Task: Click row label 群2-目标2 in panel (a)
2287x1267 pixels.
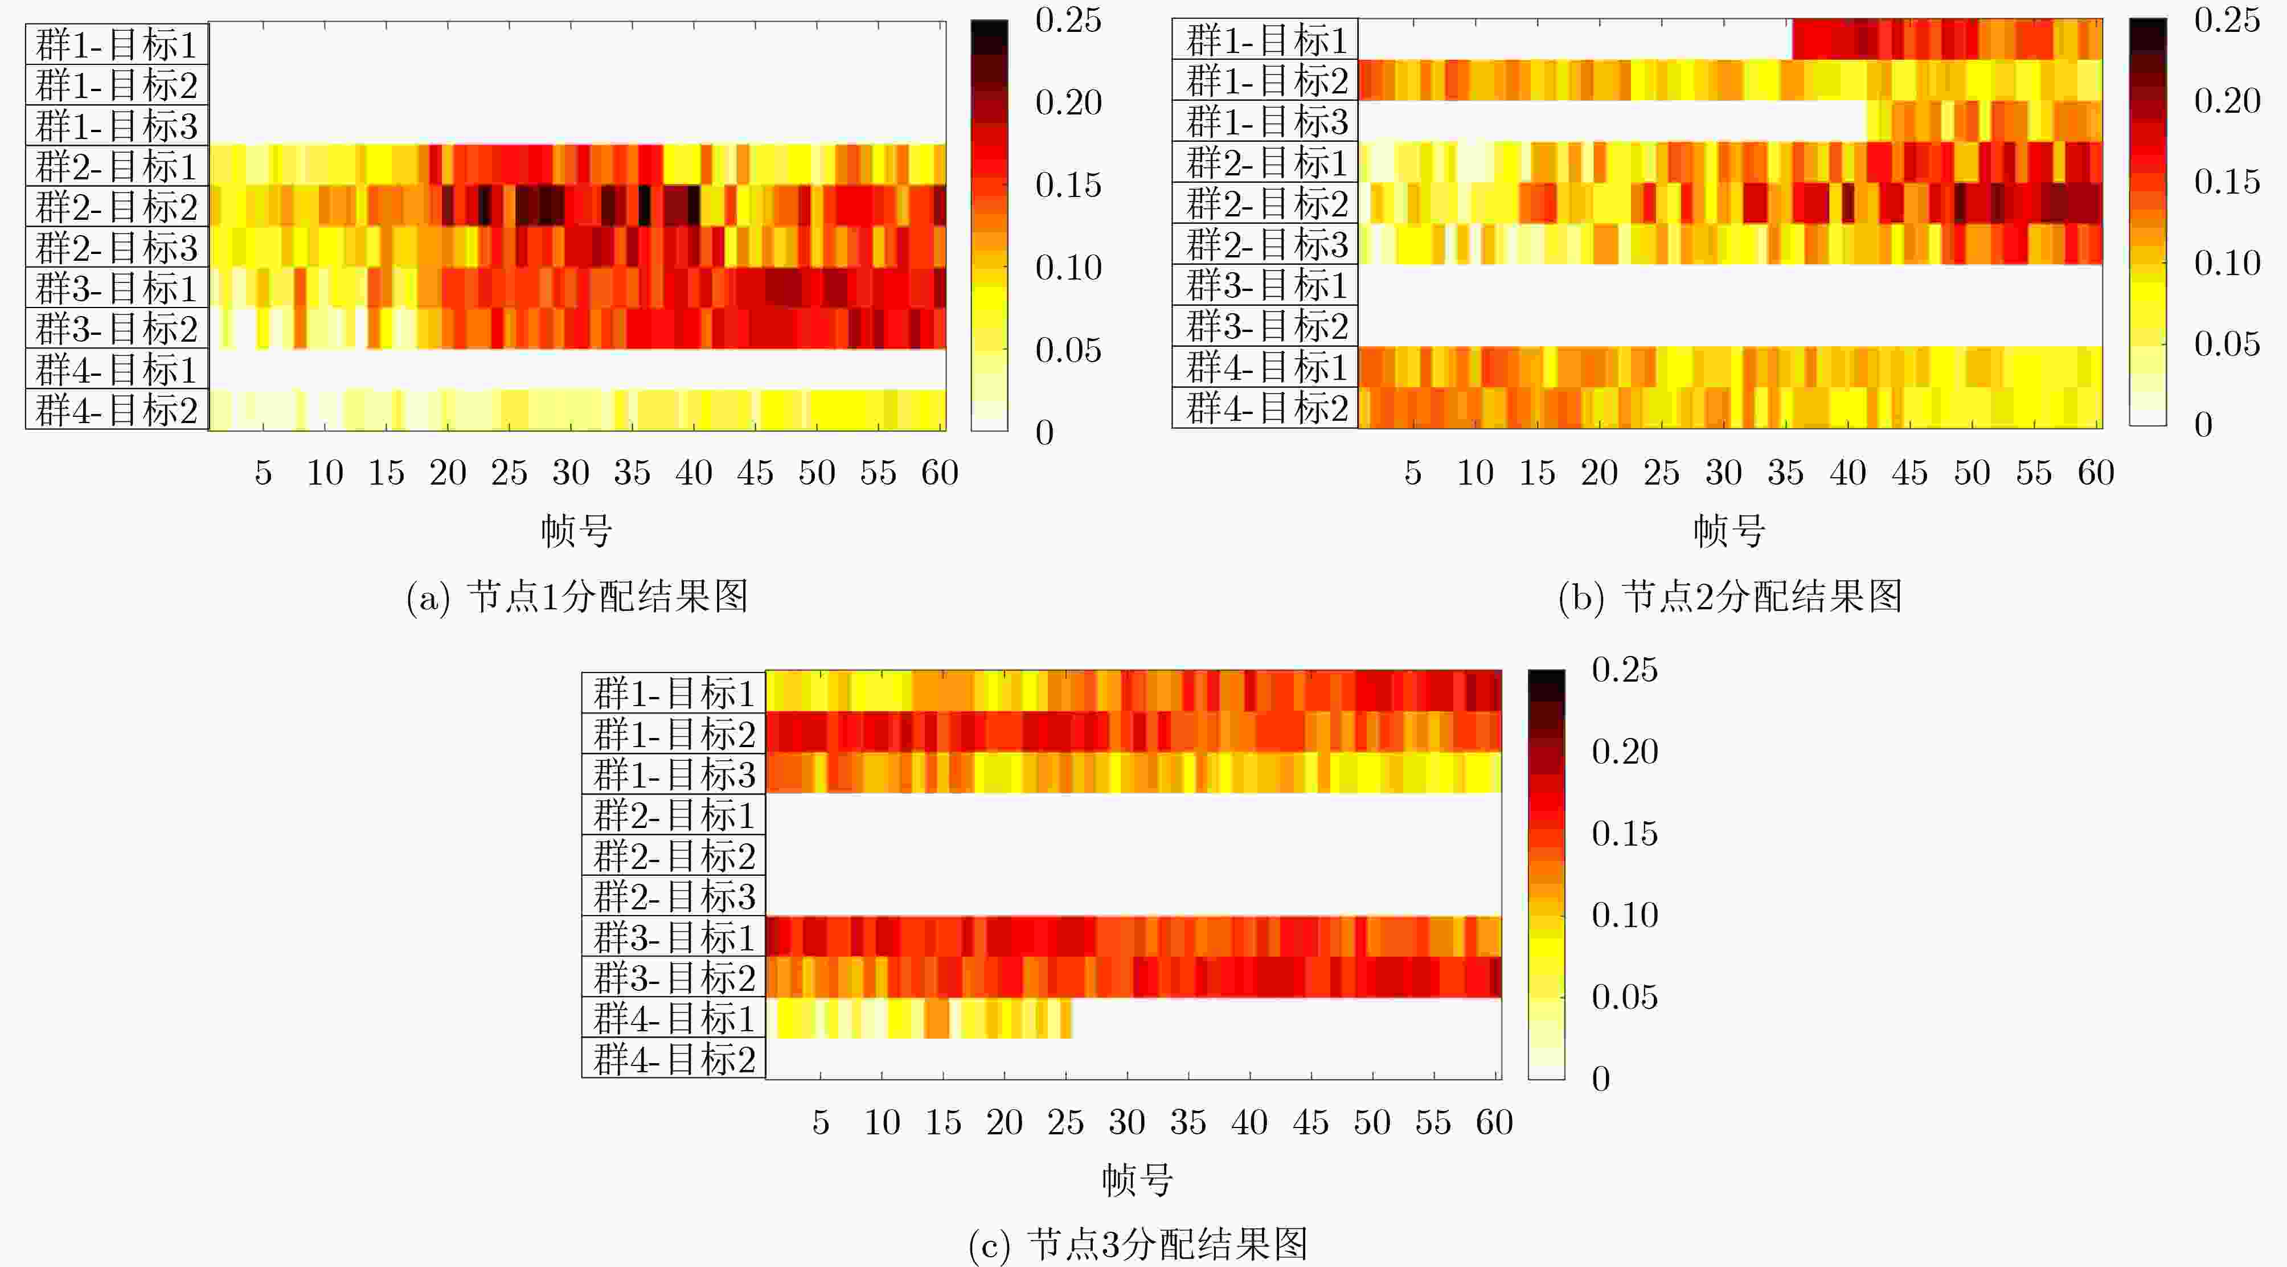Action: pyautogui.click(x=116, y=207)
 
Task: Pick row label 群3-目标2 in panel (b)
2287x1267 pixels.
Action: pyautogui.click(x=1266, y=326)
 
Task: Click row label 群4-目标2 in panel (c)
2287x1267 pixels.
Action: pyautogui.click(x=674, y=1059)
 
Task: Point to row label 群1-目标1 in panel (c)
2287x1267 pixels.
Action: pyautogui.click(x=674, y=692)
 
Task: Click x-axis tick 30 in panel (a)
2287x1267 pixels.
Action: pyautogui.click(x=571, y=473)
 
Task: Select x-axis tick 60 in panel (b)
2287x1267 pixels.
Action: pyautogui.click(x=2095, y=473)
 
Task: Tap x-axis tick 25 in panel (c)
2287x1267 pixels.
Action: pyautogui.click(x=1065, y=1123)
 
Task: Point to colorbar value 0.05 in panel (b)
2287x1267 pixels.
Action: pyautogui.click(x=2227, y=343)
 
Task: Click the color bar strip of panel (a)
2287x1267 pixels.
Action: pyautogui.click(x=989, y=225)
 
